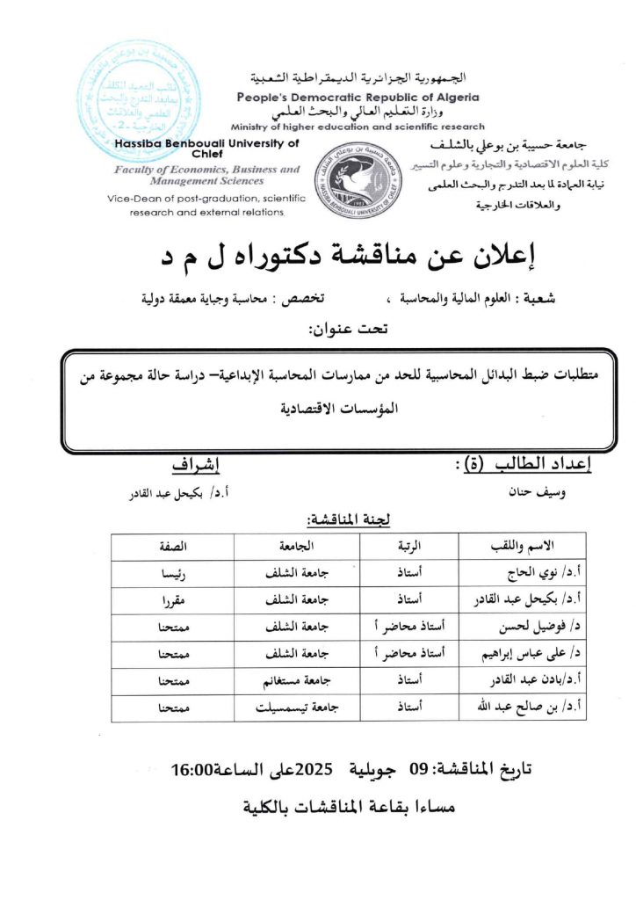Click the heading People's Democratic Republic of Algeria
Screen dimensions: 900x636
coord(358,97)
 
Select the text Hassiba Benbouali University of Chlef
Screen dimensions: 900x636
coord(207,147)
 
